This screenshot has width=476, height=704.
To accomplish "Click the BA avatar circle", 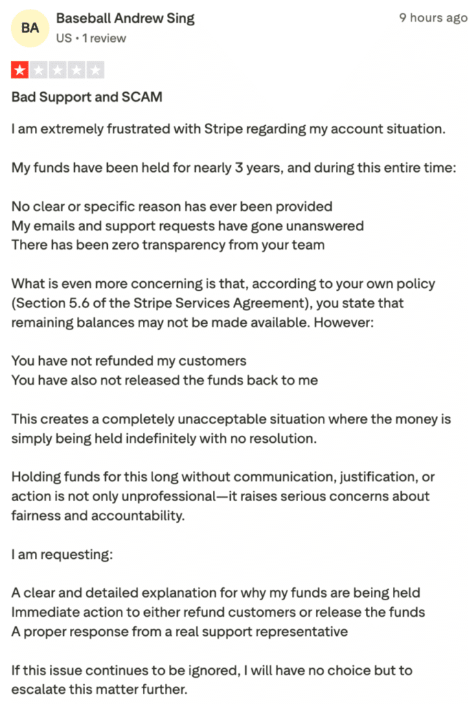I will [x=30, y=28].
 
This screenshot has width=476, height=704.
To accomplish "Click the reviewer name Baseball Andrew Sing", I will [x=125, y=19].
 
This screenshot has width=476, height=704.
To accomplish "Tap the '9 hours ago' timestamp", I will [x=433, y=19].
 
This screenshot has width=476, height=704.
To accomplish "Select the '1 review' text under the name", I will [x=101, y=38].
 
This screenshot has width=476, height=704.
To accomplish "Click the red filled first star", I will [x=19, y=70].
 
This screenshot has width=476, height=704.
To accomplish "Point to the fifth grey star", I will [x=96, y=70].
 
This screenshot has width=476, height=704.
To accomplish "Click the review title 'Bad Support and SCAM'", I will [x=87, y=97].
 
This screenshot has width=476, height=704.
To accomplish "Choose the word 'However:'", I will [x=345, y=322].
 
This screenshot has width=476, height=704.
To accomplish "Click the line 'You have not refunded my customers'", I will [x=128, y=361].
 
